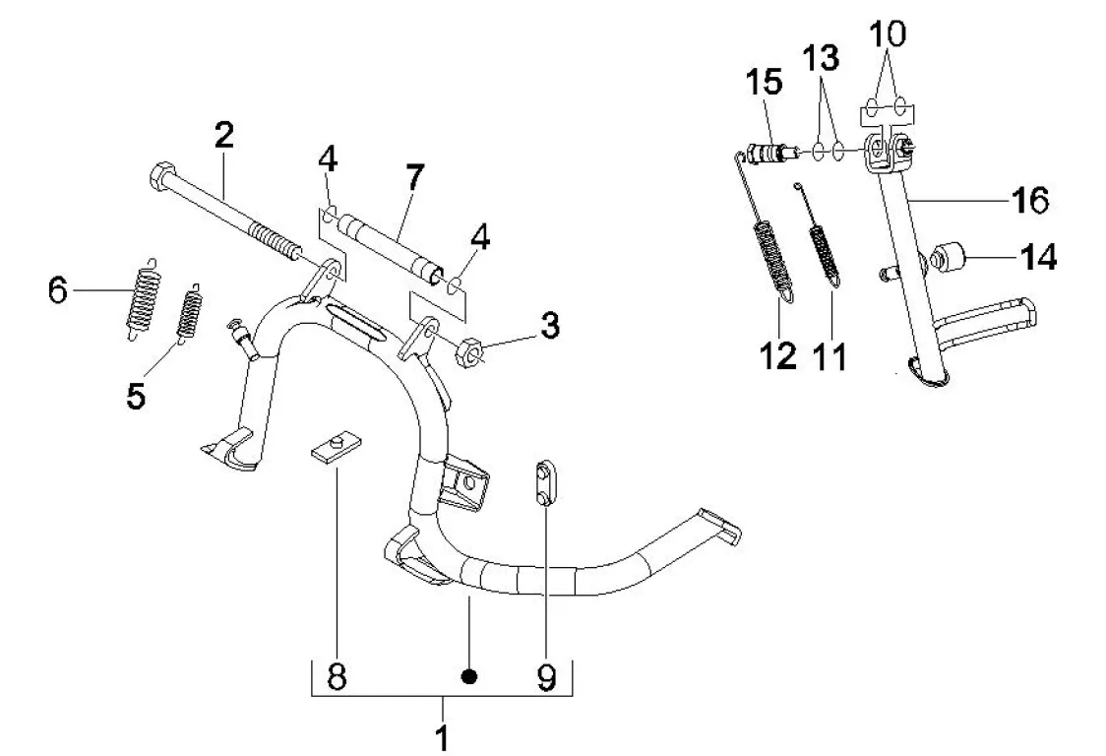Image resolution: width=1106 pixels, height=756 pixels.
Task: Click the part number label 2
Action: click(x=223, y=135)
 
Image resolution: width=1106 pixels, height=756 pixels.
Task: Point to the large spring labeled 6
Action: click(x=144, y=298)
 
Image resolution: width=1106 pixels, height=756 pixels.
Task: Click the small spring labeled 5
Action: click(x=189, y=313)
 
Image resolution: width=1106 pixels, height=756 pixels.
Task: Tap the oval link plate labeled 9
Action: click(x=545, y=483)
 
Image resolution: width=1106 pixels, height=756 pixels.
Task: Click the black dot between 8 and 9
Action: click(x=468, y=677)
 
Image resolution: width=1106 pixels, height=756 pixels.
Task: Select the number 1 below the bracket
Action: click(x=442, y=737)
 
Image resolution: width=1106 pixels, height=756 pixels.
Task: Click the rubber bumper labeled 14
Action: click(x=948, y=257)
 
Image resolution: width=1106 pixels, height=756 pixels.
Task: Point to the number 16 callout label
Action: click(x=1030, y=200)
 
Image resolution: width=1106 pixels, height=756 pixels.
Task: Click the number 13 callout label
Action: click(x=821, y=58)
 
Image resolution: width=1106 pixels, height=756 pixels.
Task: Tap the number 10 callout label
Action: click(x=888, y=32)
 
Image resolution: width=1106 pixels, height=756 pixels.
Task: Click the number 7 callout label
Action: click(x=415, y=177)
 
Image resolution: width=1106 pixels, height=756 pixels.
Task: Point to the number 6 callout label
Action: click(x=58, y=289)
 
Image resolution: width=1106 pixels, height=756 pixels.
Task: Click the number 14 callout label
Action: click(x=1039, y=258)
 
